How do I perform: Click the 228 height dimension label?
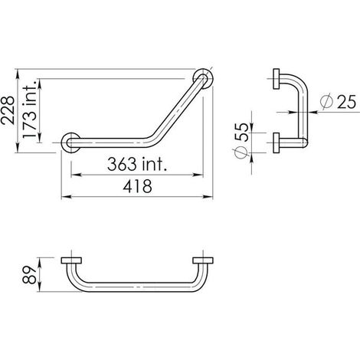point(8,110)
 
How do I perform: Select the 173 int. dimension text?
point(29,109)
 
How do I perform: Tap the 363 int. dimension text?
point(137,164)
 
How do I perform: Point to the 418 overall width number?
point(137,186)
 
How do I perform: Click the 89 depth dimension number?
point(29,275)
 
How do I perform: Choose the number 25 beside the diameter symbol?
point(346,102)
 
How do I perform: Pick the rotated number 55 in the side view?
point(241,132)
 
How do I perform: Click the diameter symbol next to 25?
point(326,101)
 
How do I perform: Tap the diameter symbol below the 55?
point(241,152)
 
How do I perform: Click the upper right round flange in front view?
point(203,78)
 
